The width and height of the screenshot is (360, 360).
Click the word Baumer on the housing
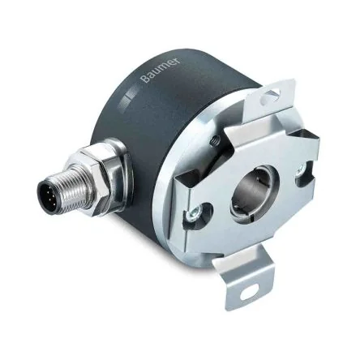[161, 70]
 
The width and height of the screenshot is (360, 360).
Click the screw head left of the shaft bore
[195, 213]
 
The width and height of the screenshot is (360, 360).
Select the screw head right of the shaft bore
[300, 174]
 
